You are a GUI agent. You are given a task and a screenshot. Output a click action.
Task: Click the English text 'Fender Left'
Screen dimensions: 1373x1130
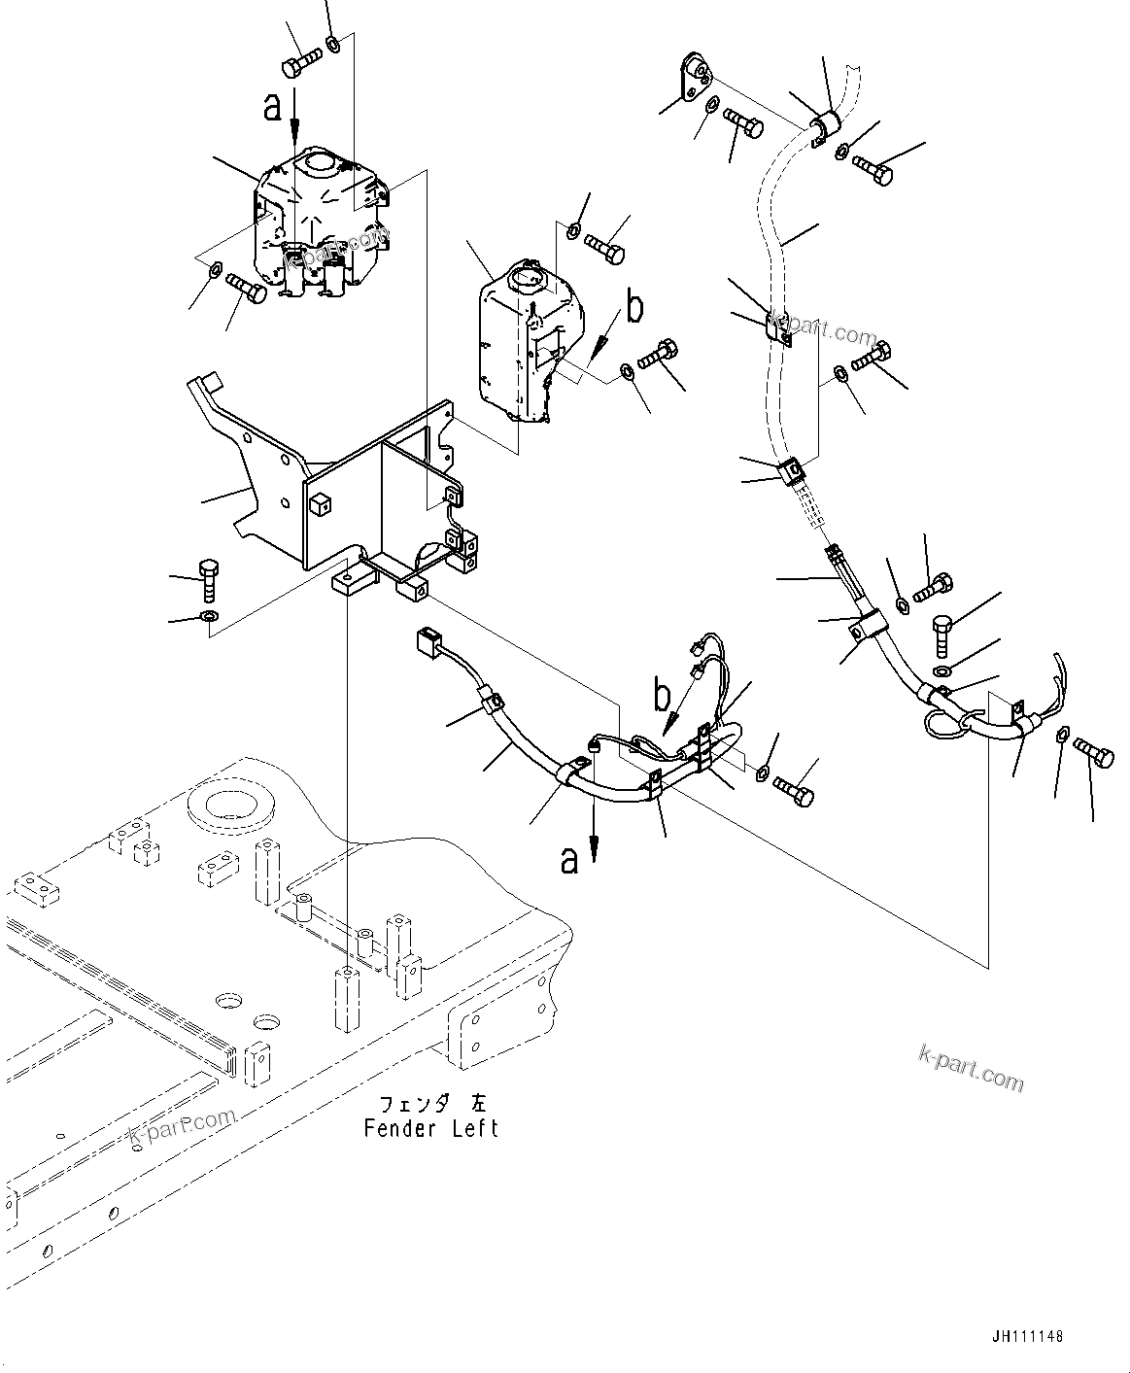pos(430,1128)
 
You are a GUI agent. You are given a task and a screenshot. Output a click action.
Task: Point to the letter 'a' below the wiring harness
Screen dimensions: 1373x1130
pos(569,859)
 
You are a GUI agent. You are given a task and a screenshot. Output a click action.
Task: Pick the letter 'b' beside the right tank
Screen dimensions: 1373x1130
pos(633,308)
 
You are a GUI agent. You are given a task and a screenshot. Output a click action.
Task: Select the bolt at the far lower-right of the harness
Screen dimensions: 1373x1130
pos(1095,755)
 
